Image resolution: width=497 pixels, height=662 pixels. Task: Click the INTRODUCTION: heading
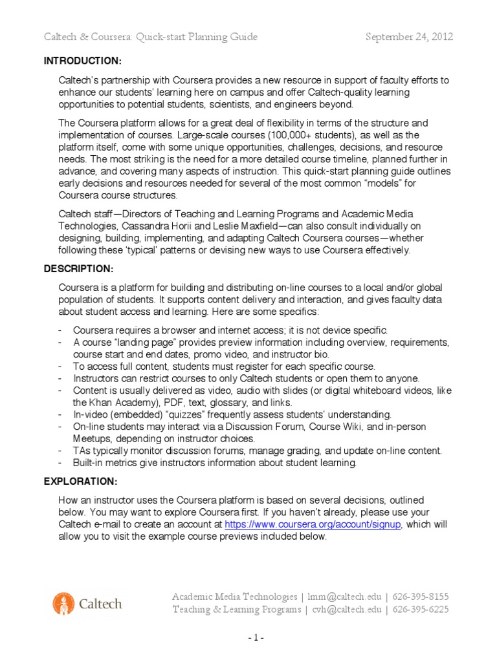[x=82, y=61]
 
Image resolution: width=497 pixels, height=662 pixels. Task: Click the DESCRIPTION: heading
[x=78, y=268]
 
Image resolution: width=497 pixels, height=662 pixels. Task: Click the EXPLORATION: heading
[x=80, y=482]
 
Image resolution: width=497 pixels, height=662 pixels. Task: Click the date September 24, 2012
[x=409, y=37]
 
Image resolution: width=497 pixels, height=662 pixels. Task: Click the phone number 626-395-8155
[x=421, y=596]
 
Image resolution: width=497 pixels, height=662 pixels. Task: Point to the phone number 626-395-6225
[x=421, y=610]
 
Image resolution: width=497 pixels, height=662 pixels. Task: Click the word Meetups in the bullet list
[x=92, y=438]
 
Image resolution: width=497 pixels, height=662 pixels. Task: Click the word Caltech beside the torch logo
[x=100, y=604]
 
